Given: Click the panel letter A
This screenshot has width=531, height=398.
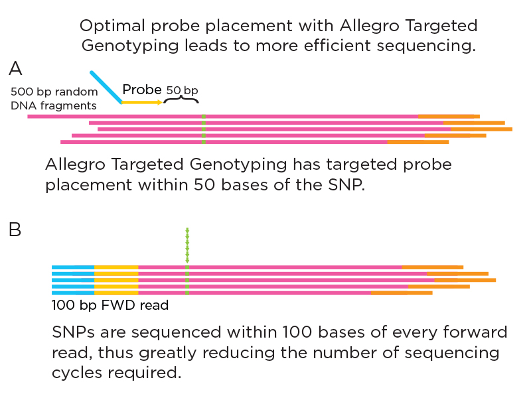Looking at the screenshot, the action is click(15, 69).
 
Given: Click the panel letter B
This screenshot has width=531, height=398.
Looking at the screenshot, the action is click(15, 230).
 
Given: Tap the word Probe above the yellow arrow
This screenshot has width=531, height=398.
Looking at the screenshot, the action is click(142, 90).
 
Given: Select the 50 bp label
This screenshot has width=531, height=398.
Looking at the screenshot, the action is click(182, 90).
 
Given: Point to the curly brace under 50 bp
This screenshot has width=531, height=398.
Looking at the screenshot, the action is click(181, 99).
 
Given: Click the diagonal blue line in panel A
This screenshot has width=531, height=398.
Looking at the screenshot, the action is click(106, 87).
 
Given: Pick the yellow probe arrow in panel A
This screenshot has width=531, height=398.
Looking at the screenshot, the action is click(142, 102).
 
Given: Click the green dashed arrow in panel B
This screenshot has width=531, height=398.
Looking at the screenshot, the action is click(187, 245).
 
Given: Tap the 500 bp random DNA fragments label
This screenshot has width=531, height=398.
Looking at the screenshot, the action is click(54, 98).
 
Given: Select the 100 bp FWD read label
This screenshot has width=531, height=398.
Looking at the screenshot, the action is click(110, 305).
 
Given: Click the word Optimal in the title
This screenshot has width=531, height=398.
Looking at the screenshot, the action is click(112, 26).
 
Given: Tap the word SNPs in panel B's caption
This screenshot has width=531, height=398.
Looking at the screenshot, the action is click(73, 332).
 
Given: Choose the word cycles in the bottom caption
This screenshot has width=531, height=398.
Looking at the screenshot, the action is click(77, 373).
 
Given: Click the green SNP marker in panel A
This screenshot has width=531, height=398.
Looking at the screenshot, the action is click(204, 129).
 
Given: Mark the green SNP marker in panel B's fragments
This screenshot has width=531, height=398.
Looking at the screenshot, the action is click(187, 280).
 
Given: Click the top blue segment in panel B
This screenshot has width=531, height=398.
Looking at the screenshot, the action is click(73, 267).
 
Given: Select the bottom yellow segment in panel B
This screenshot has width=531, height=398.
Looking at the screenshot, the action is click(116, 293).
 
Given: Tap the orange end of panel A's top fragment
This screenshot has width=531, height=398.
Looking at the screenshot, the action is click(449, 117).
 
